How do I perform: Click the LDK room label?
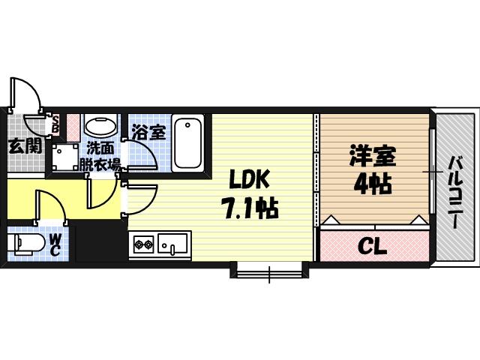(246, 180)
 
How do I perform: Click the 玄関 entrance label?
(25, 146)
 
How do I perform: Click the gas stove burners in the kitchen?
(143, 244)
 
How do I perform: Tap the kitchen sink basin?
(174, 244)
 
